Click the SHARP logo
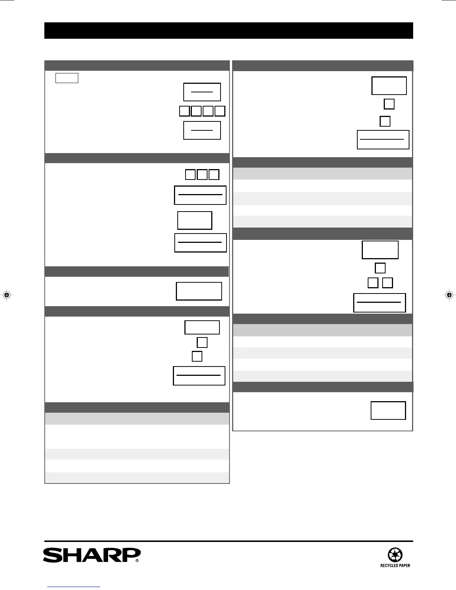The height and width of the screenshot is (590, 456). pyautogui.click(x=91, y=555)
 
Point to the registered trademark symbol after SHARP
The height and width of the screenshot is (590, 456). pyautogui.click(x=137, y=560)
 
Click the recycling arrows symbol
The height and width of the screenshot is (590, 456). pyautogui.click(x=395, y=555)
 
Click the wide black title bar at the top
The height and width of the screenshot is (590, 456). pyautogui.click(x=228, y=31)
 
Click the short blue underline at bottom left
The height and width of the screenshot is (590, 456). pyautogui.click(x=74, y=587)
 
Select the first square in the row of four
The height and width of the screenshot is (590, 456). pyautogui.click(x=184, y=111)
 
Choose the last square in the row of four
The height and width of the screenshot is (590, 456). pyautogui.click(x=220, y=111)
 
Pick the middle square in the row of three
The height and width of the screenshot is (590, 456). pyautogui.click(x=202, y=174)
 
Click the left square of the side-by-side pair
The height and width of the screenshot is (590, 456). pyautogui.click(x=373, y=283)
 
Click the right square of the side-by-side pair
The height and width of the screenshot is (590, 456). pyautogui.click(x=387, y=283)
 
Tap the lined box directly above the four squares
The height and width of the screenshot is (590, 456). pyautogui.click(x=202, y=92)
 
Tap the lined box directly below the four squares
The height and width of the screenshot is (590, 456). pyautogui.click(x=202, y=130)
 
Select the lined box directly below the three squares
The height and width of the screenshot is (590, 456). pyautogui.click(x=200, y=195)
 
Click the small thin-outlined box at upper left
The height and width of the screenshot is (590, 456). pyautogui.click(x=67, y=78)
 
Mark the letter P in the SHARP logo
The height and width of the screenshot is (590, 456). pyautogui.click(x=131, y=555)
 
